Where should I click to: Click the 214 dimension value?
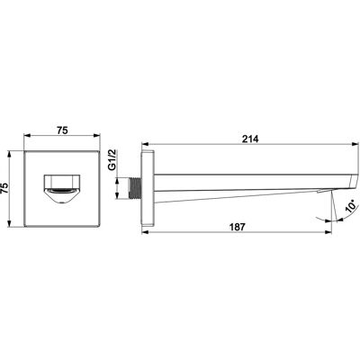pyautogui.click(x=250, y=139)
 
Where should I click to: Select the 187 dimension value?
pyautogui.click(x=238, y=227)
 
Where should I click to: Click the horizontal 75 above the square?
pyautogui.click(x=62, y=130)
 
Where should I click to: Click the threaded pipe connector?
pyautogui.click(x=135, y=188)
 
